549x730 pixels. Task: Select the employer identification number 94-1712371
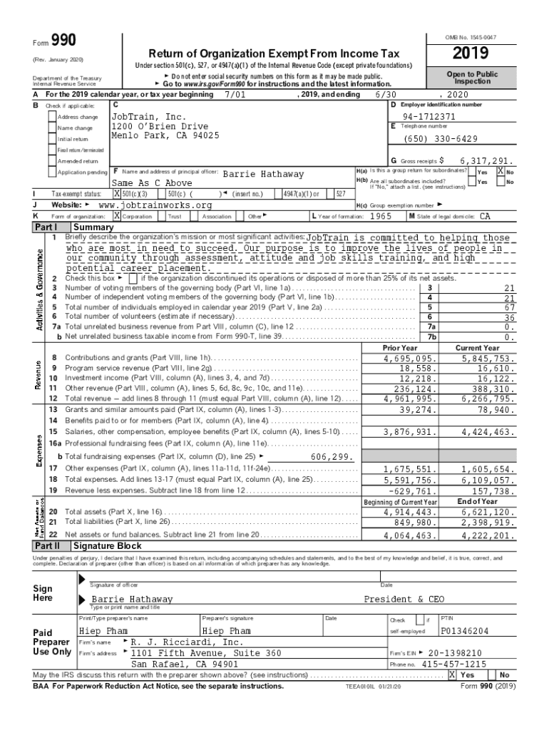coord(429,116)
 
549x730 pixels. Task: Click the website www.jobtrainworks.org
coord(155,205)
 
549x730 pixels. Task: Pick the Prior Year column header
coord(400,347)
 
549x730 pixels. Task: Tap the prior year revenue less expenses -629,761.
coord(409,491)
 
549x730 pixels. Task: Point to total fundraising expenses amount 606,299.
coord(333,456)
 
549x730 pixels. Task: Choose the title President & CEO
coord(404,599)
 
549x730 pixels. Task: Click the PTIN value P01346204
coord(465,631)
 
